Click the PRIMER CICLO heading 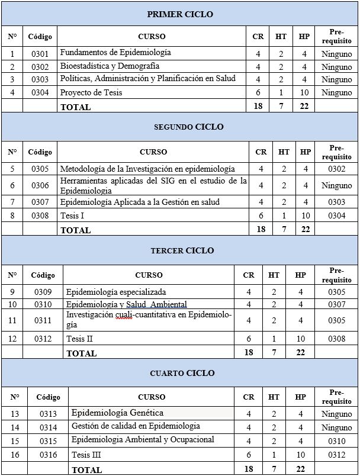click(180, 14)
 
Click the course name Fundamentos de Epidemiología click(115, 53)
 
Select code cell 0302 click(40, 66)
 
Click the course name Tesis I click(72, 216)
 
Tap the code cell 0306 click(40, 185)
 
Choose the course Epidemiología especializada click(116, 292)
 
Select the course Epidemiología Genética click(117, 413)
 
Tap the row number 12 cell click(12, 339)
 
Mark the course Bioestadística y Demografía click(110, 66)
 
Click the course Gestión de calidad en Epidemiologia click(136, 426)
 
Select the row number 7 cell click(12, 202)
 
